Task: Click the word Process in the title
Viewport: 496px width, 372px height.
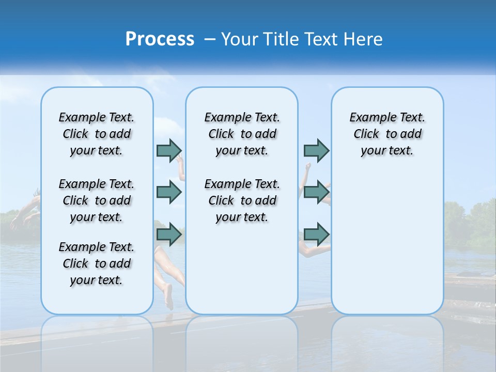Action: tap(160, 39)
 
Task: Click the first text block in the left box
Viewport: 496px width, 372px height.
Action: tap(97, 134)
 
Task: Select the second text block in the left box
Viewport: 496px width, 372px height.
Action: tap(97, 200)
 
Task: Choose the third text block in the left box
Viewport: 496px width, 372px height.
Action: tap(97, 263)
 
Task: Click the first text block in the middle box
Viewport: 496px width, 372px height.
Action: tap(242, 134)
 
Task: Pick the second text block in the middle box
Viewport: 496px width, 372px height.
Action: tap(242, 200)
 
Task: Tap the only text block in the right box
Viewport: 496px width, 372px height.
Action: tap(387, 134)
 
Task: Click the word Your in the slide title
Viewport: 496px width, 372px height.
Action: tap(240, 39)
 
